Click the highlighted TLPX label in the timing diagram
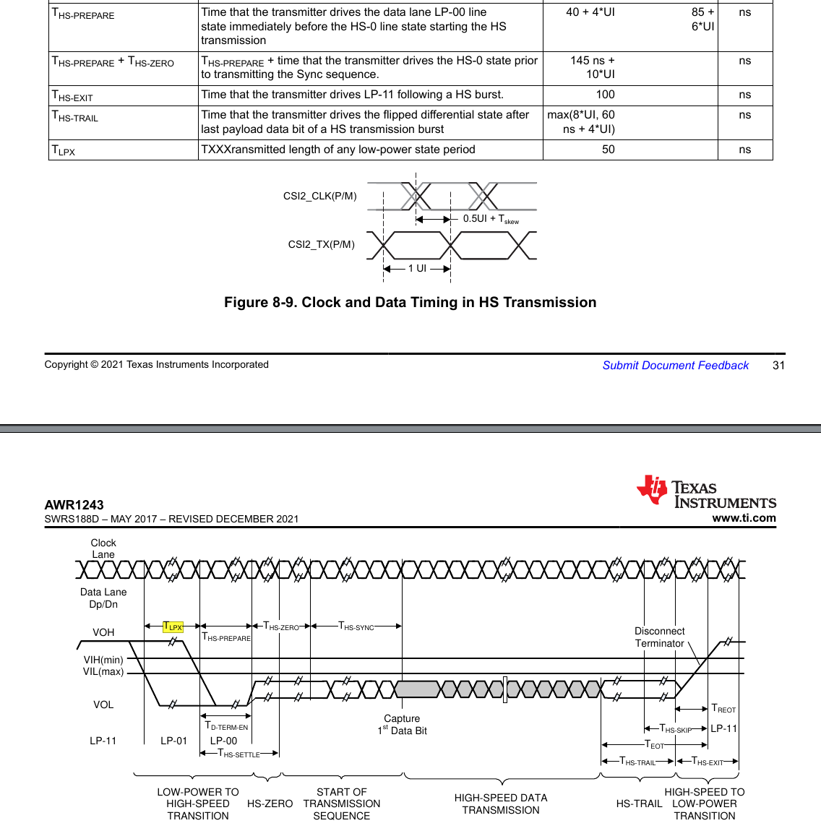point(173,627)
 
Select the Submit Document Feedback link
point(675,366)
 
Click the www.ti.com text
point(744,518)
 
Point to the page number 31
point(778,366)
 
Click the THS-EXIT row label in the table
point(72,95)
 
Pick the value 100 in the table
point(605,95)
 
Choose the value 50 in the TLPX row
point(608,150)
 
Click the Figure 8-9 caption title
point(410,303)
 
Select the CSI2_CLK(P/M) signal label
point(319,196)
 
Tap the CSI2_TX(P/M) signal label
point(321,244)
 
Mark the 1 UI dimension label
point(417,268)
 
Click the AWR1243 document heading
point(74,505)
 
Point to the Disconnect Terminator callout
point(659,637)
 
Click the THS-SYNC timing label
point(356,627)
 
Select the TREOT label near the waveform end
point(723,709)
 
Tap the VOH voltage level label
point(103,632)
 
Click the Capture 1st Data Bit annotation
point(402,725)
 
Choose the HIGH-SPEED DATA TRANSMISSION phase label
point(501,804)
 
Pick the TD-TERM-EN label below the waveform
point(226,726)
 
